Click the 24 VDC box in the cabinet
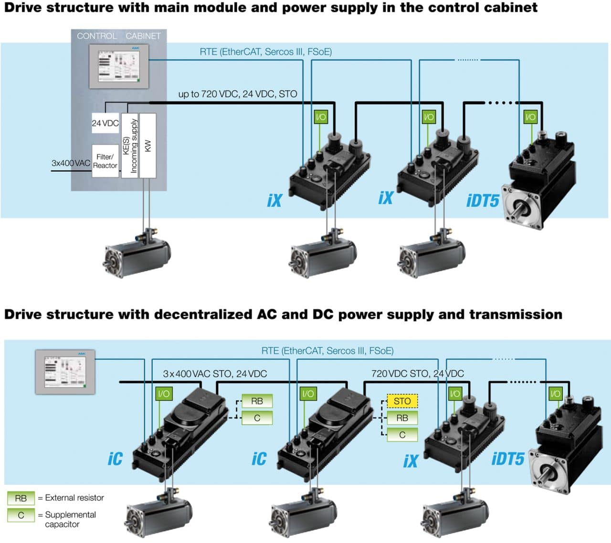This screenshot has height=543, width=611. [x=105, y=123]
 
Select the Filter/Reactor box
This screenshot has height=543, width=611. [x=105, y=161]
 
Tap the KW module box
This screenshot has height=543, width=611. [x=148, y=146]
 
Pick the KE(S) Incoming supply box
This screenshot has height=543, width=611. [x=130, y=146]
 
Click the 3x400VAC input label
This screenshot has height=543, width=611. [x=71, y=163]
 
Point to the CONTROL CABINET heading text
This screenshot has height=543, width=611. [x=119, y=36]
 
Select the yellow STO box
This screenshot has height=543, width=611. [x=402, y=401]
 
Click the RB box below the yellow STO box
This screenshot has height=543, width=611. [x=402, y=418]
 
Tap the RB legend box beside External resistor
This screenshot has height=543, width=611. [x=21, y=498]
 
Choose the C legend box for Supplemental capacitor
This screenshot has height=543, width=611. [x=21, y=515]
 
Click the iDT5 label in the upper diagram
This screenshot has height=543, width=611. [x=483, y=201]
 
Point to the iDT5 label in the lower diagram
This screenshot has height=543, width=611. [x=508, y=459]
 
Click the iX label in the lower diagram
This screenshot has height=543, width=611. [x=411, y=461]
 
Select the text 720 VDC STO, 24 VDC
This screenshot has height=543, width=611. [x=417, y=374]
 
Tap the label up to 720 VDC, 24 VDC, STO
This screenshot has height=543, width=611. [x=237, y=94]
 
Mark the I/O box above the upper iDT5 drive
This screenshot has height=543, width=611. [x=530, y=117]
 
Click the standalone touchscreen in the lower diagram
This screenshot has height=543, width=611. [x=65, y=372]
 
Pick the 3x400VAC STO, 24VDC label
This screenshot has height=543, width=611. [x=215, y=374]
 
